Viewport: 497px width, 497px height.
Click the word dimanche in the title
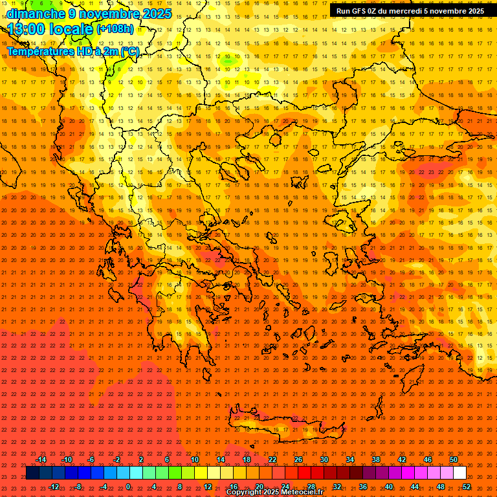tap(32, 14)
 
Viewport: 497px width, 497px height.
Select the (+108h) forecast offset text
tap(115, 29)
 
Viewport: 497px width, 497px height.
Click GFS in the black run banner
tap(364, 11)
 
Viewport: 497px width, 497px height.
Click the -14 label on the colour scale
tap(40, 459)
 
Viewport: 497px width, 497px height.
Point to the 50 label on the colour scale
tap(453, 459)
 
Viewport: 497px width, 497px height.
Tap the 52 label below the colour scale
tap(466, 487)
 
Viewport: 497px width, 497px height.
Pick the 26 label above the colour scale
tap(298, 459)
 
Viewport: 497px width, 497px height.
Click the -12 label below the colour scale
tap(54, 487)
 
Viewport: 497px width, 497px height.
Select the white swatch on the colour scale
tap(459, 473)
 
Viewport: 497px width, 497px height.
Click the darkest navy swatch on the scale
tap(32, 473)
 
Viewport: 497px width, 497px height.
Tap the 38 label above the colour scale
tap(375, 459)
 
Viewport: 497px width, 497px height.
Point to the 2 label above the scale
tap(141, 459)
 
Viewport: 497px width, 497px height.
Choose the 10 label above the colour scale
tap(194, 459)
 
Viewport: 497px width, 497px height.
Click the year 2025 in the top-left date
tap(157, 14)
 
